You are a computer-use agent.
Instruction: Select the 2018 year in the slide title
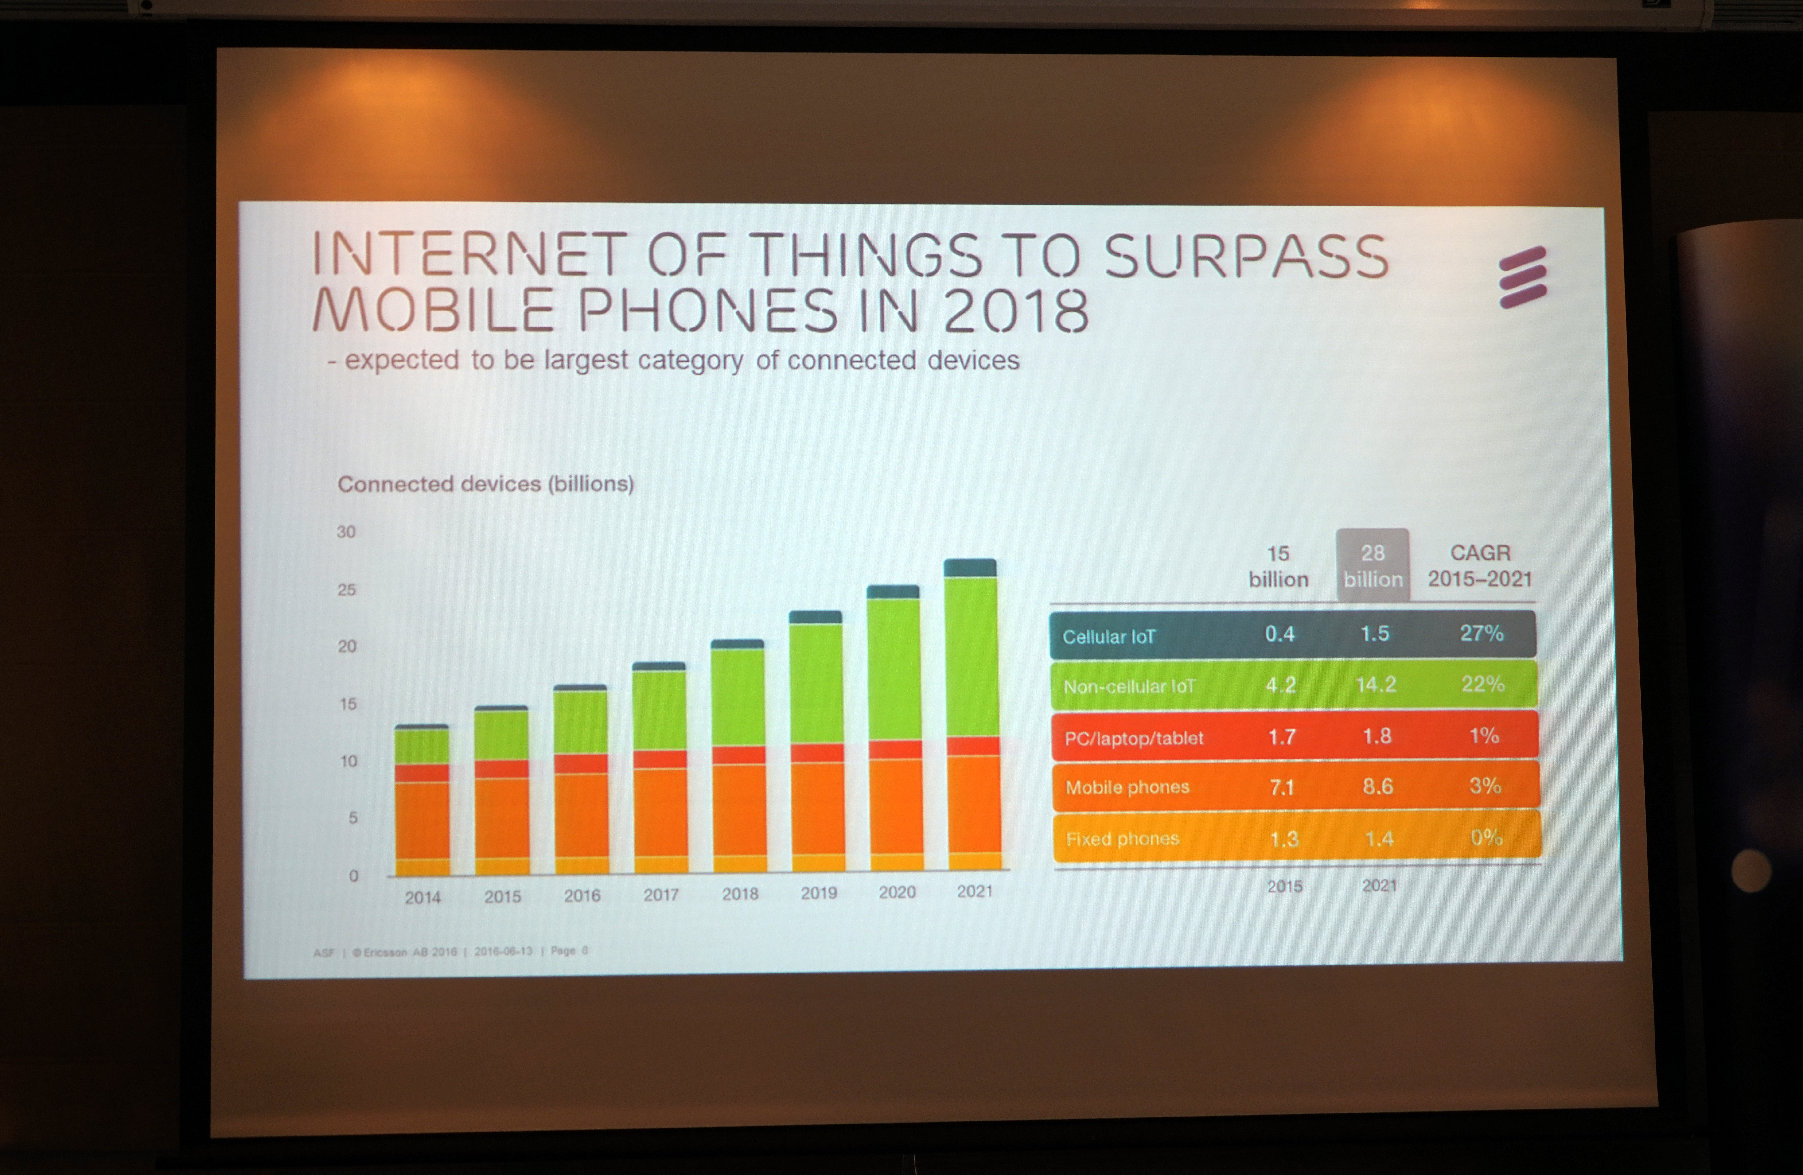tap(1016, 311)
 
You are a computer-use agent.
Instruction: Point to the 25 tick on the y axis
tap(346, 589)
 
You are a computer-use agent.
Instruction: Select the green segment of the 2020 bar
tap(894, 669)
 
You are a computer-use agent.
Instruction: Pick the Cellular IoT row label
tap(1109, 636)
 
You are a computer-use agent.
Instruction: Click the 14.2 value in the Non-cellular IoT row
tap(1376, 685)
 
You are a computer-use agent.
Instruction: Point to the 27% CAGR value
tap(1482, 633)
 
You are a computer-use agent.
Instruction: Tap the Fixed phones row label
tap(1123, 839)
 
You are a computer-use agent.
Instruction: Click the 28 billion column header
tap(1373, 566)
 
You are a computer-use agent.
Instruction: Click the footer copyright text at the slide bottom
tap(451, 952)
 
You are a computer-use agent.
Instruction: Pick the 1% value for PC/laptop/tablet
tap(1484, 735)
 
